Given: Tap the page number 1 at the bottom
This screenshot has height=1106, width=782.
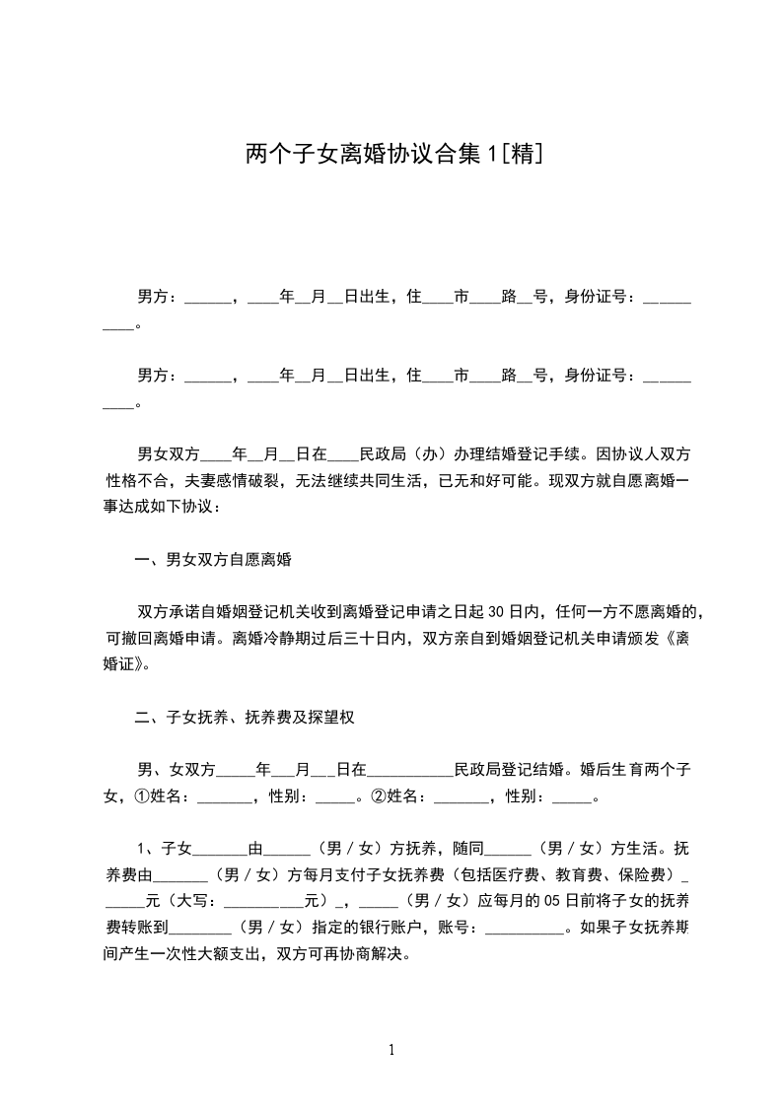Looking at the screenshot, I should click(x=391, y=1049).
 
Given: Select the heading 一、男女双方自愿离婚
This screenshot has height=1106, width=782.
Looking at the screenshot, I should click(x=213, y=560).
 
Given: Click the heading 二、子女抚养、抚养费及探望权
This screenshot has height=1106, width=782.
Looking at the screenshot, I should click(x=245, y=718).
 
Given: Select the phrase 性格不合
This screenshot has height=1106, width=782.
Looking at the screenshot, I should click(x=135, y=481).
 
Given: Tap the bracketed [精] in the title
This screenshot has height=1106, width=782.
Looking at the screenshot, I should click(x=521, y=154).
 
